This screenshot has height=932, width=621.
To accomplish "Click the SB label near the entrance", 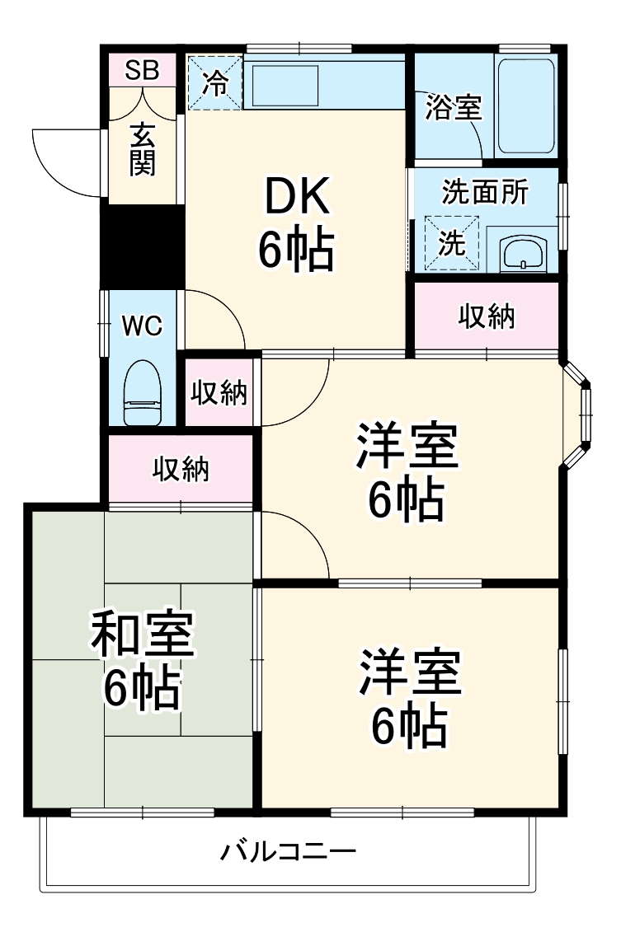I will tap(142, 71).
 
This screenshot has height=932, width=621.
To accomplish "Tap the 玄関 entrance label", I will tap(142, 148).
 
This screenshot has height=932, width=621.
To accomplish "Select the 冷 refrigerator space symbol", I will tap(215, 82).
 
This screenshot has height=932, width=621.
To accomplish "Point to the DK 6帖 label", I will tap(296, 224).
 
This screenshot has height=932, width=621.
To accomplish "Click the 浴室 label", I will tap(453, 108).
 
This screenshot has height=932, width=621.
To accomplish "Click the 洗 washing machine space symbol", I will tap(451, 242).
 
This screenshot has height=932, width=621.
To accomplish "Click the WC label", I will tap(142, 325).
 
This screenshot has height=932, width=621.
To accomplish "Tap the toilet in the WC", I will tap(142, 393).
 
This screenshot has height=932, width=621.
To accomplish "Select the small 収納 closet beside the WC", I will tap(219, 392).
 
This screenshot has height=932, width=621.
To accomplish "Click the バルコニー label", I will tap(288, 850).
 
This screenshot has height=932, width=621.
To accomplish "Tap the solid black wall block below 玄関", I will tap(142, 246).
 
